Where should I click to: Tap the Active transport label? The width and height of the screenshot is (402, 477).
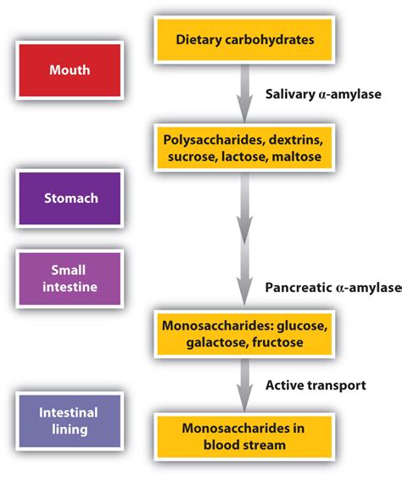click(316, 384)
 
